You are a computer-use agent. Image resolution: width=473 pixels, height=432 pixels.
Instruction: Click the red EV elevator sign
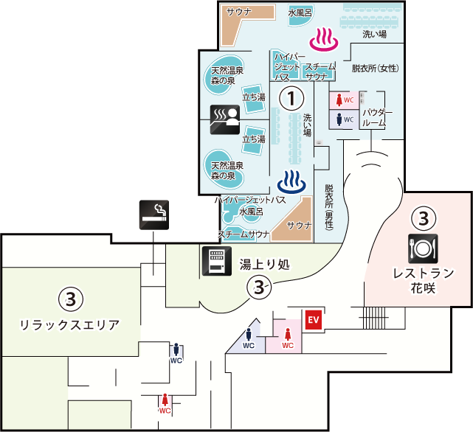[x=314, y=320]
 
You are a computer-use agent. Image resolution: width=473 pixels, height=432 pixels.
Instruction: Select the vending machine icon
[x=215, y=261]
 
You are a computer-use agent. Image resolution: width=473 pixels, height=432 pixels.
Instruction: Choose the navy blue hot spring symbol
[x=291, y=181]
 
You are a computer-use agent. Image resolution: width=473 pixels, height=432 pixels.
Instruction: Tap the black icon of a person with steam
[x=224, y=119]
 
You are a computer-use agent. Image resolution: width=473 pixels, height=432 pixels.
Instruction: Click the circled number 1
[x=291, y=97]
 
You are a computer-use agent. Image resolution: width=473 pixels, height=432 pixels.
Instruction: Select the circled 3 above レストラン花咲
[x=423, y=218]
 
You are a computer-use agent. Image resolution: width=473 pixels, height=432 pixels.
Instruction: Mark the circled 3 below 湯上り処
[x=258, y=288]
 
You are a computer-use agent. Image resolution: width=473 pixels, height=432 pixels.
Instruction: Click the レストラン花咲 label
[x=423, y=281]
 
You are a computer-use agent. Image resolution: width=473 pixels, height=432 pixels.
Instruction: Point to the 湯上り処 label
[x=264, y=264]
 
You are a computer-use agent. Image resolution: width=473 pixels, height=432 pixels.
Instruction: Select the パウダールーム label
[x=376, y=117]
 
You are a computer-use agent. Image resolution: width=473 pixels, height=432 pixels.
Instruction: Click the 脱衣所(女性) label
[x=375, y=69]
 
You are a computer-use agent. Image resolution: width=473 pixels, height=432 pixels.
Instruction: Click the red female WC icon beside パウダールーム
[x=344, y=100]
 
